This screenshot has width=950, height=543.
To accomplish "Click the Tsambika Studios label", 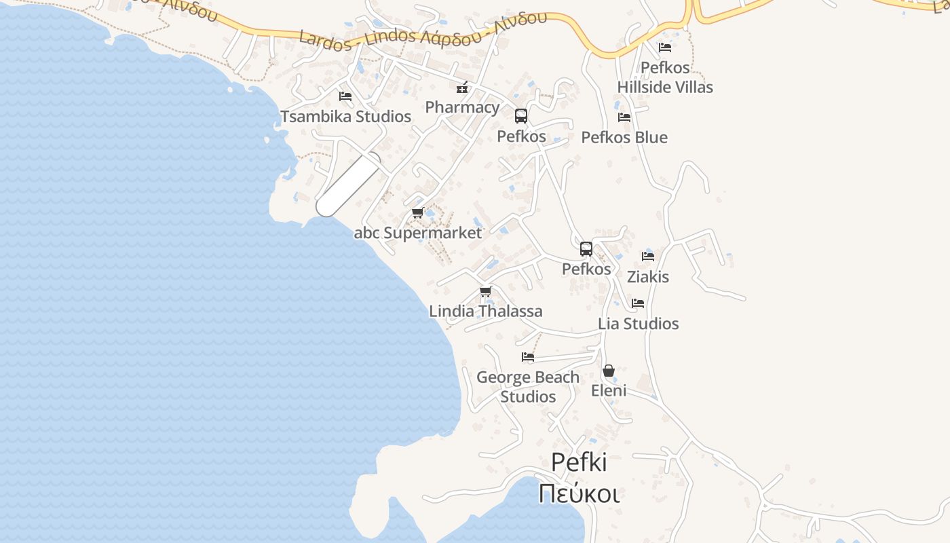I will tap(346, 117).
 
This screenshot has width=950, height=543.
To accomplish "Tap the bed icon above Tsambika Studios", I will tap(345, 96).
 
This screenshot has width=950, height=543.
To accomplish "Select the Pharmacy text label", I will tap(462, 107).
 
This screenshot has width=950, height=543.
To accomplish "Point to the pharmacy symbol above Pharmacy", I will tap(462, 88).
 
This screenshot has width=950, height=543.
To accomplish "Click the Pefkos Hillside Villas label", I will tap(665, 77).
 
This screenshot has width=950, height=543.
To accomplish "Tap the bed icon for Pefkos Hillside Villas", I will tap(665, 48).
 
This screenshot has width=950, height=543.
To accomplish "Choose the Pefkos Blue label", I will tap(624, 137).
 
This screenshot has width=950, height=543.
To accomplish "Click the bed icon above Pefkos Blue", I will tap(624, 117).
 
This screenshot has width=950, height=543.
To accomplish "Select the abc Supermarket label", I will tap(418, 233).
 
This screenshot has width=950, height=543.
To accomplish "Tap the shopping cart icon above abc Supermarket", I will tap(418, 213).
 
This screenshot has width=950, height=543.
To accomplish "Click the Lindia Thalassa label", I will tap(486, 312).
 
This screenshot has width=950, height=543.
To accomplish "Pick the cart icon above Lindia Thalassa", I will tap(485, 292).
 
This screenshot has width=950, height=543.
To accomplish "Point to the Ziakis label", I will tap(648, 277).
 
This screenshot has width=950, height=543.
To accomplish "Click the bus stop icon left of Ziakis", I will tap(586, 249).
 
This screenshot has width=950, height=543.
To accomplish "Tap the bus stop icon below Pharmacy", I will tap(521, 116).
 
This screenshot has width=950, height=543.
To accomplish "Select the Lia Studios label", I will tap(638, 324).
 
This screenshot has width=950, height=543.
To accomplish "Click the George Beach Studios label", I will tap(528, 387).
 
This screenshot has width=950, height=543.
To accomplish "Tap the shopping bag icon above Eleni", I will tap(609, 371).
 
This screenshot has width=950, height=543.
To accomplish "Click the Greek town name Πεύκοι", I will tap(579, 493).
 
